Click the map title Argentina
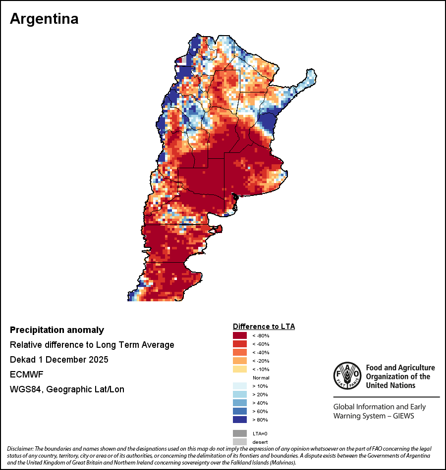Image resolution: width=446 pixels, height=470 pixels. pos(44,19)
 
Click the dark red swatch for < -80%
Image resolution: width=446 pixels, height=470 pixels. pos(240,335)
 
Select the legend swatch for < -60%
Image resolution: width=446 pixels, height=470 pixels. pos(240,344)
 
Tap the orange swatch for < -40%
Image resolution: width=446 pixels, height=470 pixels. pos(240,352)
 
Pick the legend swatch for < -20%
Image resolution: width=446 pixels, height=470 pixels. pos(240,361)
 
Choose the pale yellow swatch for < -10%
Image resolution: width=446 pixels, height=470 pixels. pos(240,369)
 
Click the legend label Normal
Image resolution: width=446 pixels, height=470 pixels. pos(261,377)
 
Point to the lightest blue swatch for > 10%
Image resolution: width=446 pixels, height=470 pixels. pos(240,386)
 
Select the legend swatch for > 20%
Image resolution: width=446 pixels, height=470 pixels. pos(240,394)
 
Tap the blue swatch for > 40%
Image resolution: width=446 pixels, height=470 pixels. pos(240,403)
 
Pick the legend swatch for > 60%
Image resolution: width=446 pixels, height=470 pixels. pos(240,411)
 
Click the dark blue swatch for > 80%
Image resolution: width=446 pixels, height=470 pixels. pos(240,420)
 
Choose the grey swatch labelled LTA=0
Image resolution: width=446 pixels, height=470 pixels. pos(240,433)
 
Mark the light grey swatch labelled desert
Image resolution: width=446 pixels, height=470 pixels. pos(240,442)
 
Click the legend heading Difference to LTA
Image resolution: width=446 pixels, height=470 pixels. pos(264,327)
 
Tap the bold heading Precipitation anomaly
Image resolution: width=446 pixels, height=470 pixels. pos(57,330)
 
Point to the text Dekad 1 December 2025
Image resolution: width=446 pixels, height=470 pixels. pos(59,359)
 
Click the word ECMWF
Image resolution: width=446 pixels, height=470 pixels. pos(25,374)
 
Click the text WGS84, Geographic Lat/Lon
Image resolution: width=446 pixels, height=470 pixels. pos(67,389)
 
